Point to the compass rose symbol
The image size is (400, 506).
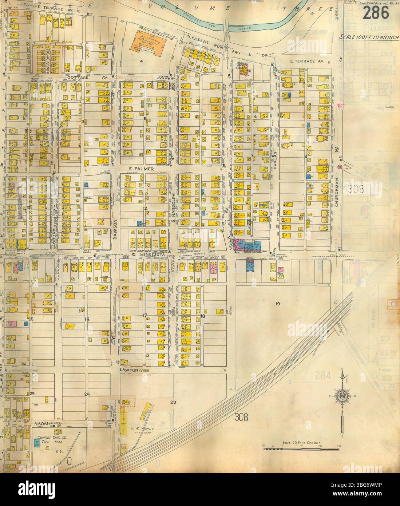point(342,396)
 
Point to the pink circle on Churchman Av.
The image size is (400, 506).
point(340,167)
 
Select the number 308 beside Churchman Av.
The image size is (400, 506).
point(355,189)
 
